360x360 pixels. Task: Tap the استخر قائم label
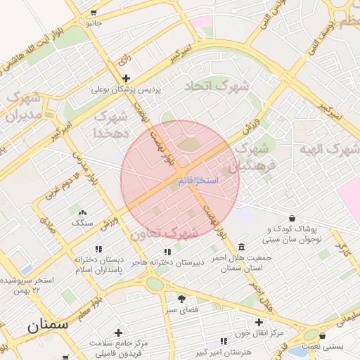[x=198, y=181]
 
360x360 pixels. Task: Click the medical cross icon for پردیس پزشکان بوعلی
[x=126, y=78]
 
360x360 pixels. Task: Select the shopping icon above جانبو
[x=94, y=13]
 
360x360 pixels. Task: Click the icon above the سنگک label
[x=82, y=212]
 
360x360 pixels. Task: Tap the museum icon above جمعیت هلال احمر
[x=242, y=247]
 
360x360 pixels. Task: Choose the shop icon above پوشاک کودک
[x=292, y=218]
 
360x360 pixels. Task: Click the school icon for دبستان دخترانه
[x=98, y=249]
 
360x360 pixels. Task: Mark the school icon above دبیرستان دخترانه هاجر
[x=167, y=252]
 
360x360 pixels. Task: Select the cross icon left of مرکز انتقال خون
[x=259, y=321]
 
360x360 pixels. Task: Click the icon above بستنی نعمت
[x=322, y=336]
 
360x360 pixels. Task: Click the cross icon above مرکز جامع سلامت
[x=118, y=333]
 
